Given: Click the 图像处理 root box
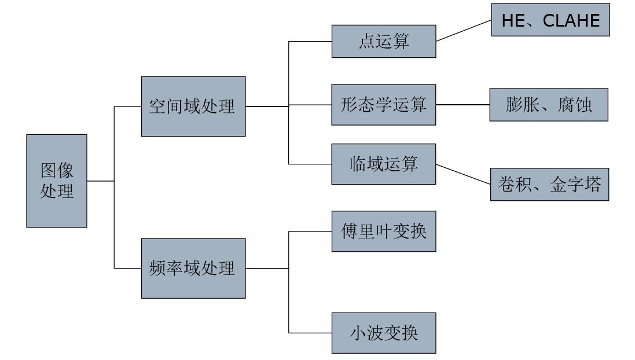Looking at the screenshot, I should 57,181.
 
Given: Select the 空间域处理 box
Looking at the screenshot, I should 193,106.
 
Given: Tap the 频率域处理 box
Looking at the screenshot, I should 193,268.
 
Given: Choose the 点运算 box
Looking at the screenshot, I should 384,41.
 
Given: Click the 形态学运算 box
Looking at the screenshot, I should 384,105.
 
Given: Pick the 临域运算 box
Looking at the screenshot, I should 384,164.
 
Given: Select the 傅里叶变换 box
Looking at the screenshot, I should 384,232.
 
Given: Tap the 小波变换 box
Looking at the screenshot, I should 384,333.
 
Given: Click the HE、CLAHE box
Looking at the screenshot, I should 550,20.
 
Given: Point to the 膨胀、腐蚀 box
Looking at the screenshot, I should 549,105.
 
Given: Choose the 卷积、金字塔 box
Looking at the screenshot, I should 549,185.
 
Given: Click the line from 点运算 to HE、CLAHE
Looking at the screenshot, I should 464,31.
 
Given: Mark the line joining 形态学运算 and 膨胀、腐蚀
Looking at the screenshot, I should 463,105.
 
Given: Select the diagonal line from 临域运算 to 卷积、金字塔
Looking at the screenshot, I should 463,174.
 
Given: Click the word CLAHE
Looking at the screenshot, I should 571,21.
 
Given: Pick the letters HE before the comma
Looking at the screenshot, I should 512,21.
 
